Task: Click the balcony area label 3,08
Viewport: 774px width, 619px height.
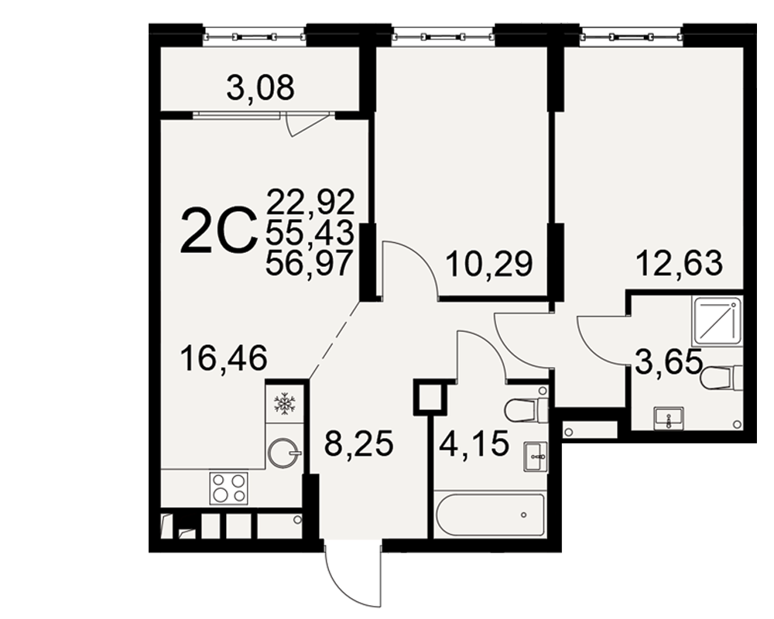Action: point(260,87)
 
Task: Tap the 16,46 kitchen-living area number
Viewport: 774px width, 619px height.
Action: point(224,358)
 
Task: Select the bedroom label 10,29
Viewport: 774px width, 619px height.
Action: point(488,264)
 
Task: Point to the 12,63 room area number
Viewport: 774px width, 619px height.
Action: point(680,263)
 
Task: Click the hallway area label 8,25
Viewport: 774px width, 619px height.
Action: point(359,443)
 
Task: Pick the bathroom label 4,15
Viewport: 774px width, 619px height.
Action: point(474,443)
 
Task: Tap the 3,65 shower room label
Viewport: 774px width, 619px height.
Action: point(669,361)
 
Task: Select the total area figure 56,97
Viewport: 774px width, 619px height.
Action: point(310,262)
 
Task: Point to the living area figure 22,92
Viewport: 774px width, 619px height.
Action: point(311,201)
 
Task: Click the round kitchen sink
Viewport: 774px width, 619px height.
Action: point(284,453)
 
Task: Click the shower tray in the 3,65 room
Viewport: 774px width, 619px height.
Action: point(717,320)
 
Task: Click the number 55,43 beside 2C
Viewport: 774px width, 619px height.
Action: point(310,232)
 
